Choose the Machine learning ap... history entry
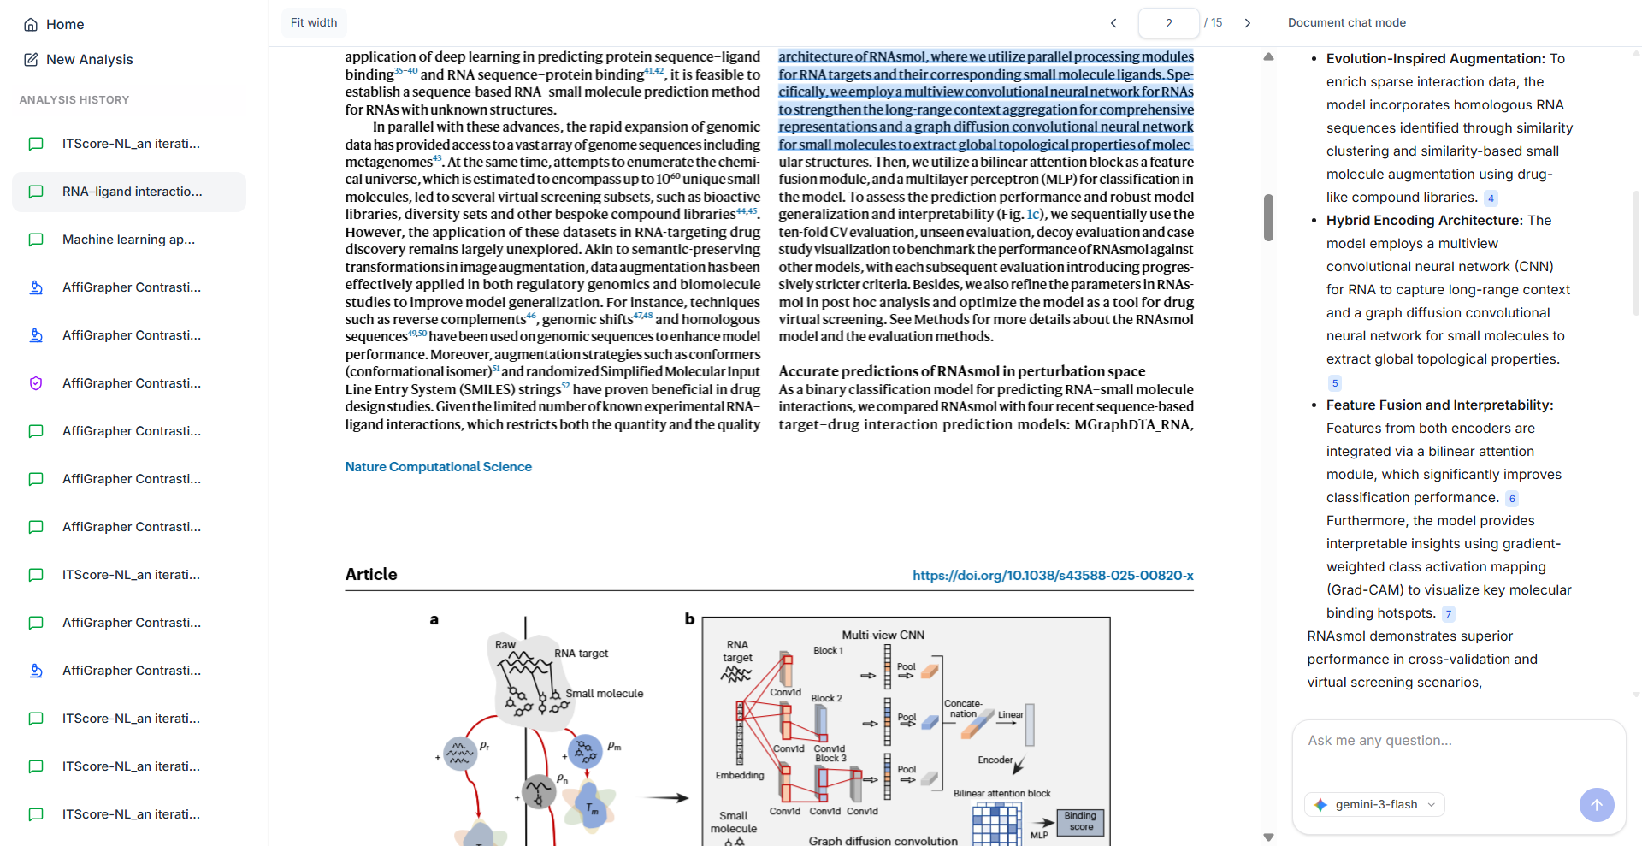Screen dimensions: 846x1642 tap(129, 240)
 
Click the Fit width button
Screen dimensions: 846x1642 tap(314, 23)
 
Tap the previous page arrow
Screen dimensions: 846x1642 tap(1113, 23)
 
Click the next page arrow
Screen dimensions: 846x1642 tap(1248, 23)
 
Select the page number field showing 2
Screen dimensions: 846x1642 tap(1168, 23)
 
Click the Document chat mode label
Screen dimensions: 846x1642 tap(1346, 23)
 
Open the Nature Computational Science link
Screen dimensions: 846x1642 tap(438, 467)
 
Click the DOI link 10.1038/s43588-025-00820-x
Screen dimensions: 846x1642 tap(1053, 576)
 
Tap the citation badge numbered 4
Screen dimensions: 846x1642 tap(1491, 198)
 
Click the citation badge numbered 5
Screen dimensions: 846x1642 tap(1335, 383)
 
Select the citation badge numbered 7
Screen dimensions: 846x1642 tap(1449, 614)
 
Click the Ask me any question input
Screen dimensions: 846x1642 tap(1458, 741)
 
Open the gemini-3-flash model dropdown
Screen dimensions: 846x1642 tap(1374, 805)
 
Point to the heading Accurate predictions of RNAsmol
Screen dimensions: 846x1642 tap(961, 371)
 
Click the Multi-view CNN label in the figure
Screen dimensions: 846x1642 tap(883, 635)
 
